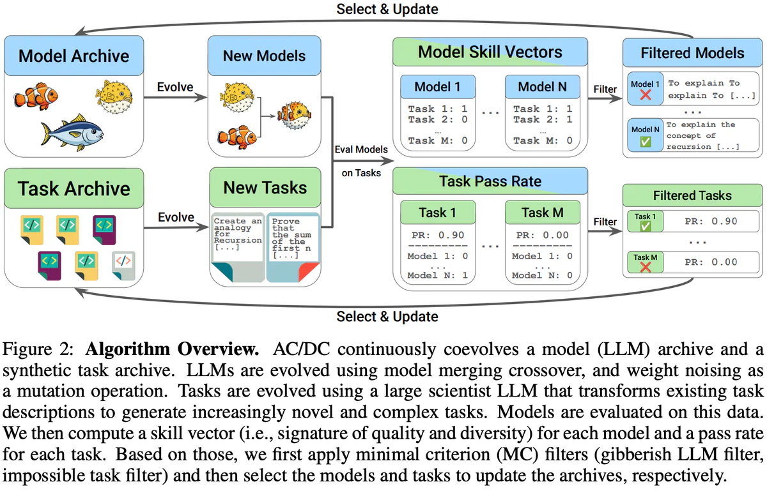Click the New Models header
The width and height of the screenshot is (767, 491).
pyautogui.click(x=264, y=56)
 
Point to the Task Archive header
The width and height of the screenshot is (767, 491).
pyautogui.click(x=74, y=188)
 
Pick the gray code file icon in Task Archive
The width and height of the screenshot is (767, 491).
pyautogui.click(x=123, y=264)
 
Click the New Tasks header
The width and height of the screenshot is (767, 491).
pyautogui.click(x=265, y=188)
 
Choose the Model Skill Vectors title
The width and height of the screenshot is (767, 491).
pyautogui.click(x=490, y=52)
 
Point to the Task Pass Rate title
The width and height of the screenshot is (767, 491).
pyautogui.click(x=490, y=181)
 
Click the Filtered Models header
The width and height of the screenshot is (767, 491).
pyautogui.click(x=692, y=53)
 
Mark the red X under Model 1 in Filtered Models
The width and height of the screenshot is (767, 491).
pyautogui.click(x=646, y=95)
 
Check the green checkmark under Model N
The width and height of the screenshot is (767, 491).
pyautogui.click(x=646, y=142)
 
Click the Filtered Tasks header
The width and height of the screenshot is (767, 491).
pyautogui.click(x=692, y=195)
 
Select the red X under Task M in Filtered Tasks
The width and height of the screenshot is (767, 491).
pyautogui.click(x=646, y=268)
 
